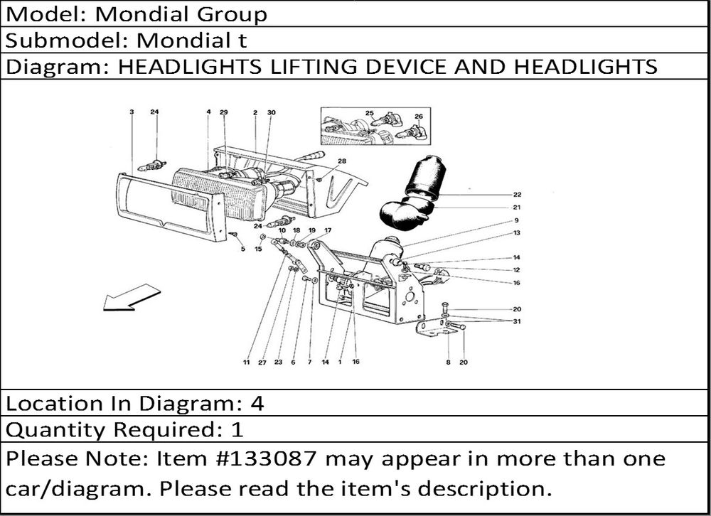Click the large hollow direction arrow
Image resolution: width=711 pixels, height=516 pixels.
(131, 296)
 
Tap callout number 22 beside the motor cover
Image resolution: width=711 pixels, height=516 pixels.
(517, 194)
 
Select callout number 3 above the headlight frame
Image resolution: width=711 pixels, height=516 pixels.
(132, 112)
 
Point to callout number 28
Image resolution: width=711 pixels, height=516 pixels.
(342, 161)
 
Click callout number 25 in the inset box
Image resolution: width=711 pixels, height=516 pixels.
(370, 114)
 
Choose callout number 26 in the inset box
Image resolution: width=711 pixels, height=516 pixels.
(418, 116)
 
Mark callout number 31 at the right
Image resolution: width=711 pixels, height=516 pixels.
(517, 321)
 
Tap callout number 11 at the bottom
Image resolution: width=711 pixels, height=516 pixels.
(246, 362)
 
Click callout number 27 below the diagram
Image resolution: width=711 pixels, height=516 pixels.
(262, 362)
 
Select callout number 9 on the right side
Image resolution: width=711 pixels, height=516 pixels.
(517, 220)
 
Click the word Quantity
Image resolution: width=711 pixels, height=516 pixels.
(48, 430)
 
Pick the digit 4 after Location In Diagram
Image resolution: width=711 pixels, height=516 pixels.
(257, 404)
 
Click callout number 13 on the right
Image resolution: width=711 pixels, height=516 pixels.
(517, 233)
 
